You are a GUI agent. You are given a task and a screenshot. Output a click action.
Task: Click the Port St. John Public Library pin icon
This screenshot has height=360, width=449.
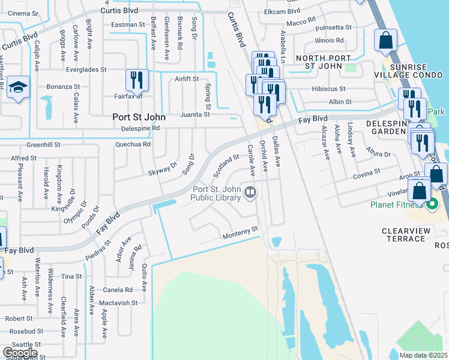click(250, 193)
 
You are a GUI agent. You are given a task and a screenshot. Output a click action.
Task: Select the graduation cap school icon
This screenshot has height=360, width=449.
click(19, 88)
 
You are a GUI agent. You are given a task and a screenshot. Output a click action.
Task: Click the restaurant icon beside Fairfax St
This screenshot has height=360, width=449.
click(136, 79)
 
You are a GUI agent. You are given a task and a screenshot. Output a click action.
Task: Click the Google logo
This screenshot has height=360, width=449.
click(20, 353)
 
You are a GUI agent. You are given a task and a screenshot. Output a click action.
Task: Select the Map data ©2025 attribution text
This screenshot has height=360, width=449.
click(424, 355)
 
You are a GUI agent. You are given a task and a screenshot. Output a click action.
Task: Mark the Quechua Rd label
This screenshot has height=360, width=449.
click(133, 144)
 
